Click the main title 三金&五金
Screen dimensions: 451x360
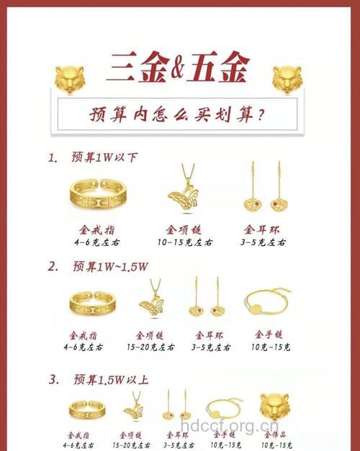(x=177, y=68)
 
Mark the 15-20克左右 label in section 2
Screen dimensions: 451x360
(x=152, y=347)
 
